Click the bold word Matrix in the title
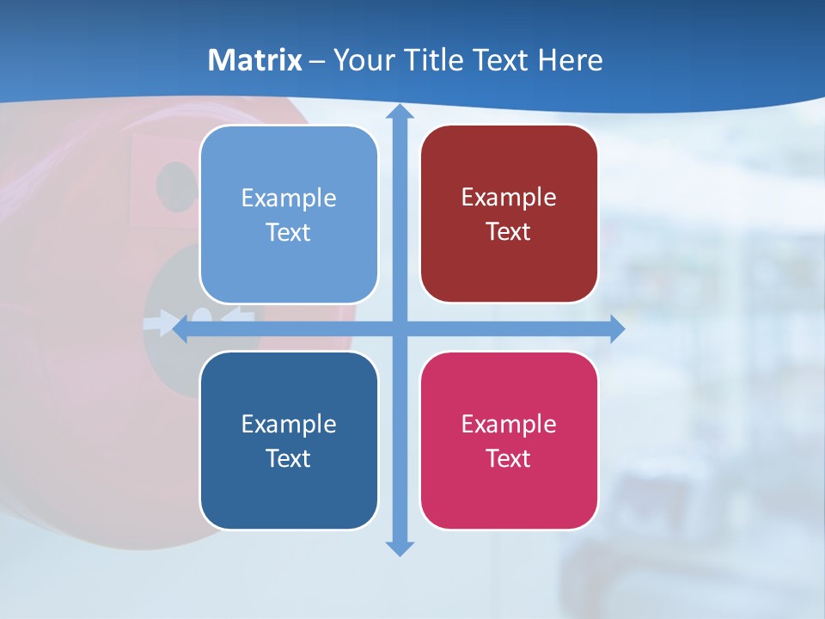pyautogui.click(x=255, y=60)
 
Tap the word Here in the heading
pyautogui.click(x=570, y=60)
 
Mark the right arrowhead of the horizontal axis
pyautogui.click(x=617, y=328)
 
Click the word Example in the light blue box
pyautogui.click(x=289, y=198)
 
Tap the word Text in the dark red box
pyautogui.click(x=509, y=232)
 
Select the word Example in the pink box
pyautogui.click(x=509, y=424)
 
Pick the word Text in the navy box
pyautogui.click(x=289, y=458)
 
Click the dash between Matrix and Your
pyautogui.click(x=317, y=61)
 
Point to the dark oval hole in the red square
pyautogui.click(x=175, y=184)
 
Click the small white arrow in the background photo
pyautogui.click(x=160, y=324)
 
